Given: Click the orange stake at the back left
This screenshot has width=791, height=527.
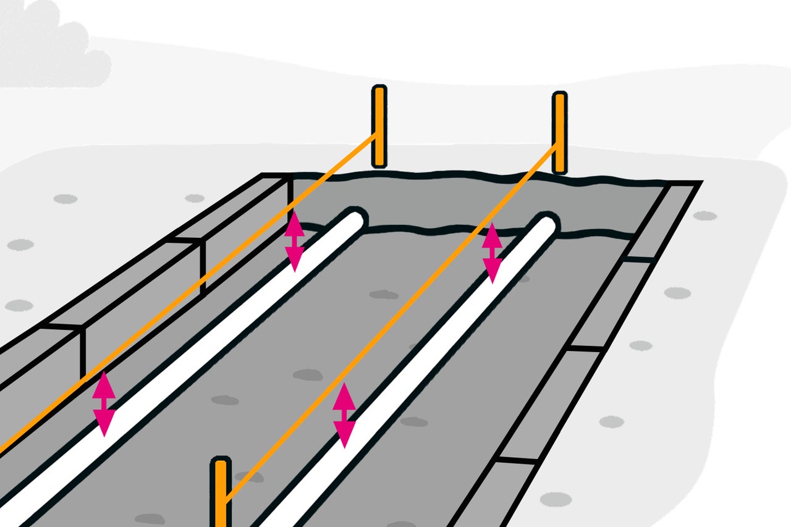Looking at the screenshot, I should point(379,127).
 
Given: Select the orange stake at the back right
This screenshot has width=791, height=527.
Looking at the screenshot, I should point(559,132).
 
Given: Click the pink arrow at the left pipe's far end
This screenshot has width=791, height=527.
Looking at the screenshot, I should point(294,241).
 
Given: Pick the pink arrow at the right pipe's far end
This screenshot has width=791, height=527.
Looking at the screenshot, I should point(492,253).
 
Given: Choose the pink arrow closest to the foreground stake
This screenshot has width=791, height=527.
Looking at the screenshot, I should point(344,415).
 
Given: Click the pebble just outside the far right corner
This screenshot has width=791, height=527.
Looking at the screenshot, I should point(705,216).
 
